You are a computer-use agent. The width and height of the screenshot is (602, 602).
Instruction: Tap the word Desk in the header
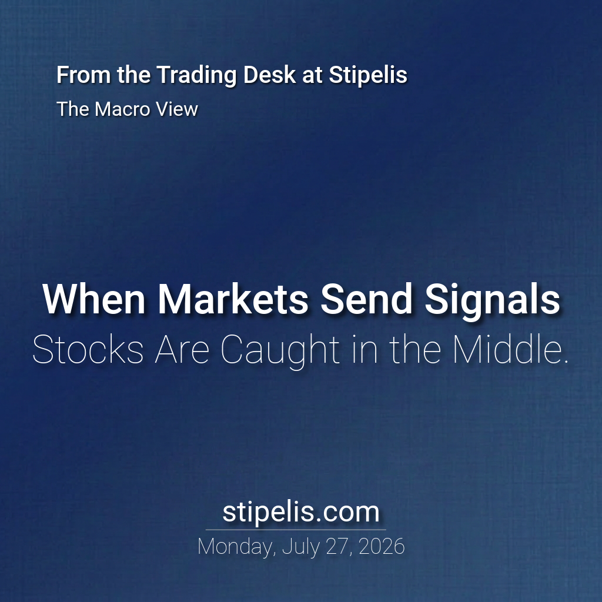coord(269,75)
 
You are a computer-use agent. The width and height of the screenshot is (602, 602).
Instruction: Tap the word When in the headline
coord(93,299)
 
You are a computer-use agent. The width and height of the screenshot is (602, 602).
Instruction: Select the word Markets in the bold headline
coord(233,299)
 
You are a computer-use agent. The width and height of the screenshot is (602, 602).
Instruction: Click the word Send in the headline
coord(367,299)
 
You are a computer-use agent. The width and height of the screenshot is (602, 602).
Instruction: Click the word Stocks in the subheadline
coord(88,349)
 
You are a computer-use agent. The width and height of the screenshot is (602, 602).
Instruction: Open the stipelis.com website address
coord(301,513)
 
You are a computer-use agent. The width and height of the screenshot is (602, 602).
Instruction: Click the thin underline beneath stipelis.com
coord(296,530)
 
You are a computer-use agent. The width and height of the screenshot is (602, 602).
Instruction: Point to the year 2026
coord(382,546)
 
